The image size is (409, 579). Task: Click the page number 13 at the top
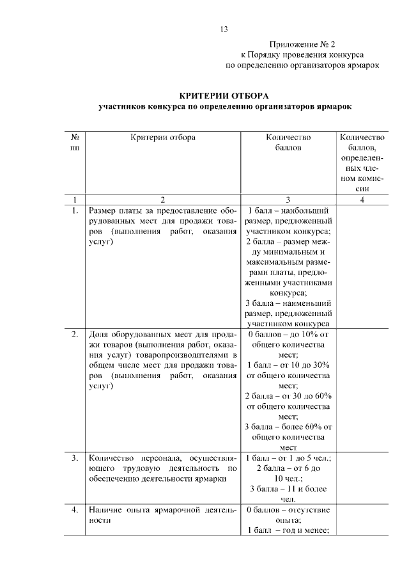point(224,29)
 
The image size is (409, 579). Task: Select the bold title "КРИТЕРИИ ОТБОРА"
point(224,95)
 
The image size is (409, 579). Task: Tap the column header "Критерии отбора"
point(163,137)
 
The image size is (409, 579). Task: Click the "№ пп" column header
point(75,142)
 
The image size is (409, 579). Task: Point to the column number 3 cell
point(288,200)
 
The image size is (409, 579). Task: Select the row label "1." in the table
point(75,210)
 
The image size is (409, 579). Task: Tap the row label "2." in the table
point(75,334)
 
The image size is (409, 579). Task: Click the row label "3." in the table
point(75,458)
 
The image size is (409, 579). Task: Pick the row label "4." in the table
point(75,510)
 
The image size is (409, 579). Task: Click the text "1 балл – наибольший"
point(288,210)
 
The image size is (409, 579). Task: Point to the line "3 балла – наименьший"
point(288,303)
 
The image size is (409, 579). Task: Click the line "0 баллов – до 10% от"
point(288,334)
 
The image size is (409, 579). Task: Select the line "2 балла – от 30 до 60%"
point(288,396)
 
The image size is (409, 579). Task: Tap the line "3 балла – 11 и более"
point(288,489)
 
